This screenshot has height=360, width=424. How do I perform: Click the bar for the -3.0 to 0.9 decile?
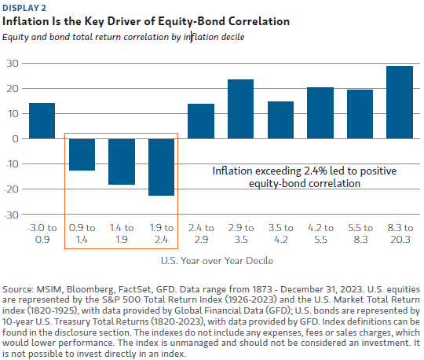42,121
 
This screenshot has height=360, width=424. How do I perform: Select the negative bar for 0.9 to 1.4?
82,155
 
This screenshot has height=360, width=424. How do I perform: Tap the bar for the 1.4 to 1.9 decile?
122,162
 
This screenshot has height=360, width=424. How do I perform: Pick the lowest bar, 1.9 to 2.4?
162,167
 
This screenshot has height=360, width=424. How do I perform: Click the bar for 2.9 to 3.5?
241,108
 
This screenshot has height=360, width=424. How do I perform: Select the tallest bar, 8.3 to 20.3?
400,102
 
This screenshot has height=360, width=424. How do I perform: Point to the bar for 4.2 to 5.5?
320,113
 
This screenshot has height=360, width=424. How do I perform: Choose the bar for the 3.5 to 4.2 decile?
280,120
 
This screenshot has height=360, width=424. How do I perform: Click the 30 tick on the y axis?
13,64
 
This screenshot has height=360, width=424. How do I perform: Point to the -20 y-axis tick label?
11,189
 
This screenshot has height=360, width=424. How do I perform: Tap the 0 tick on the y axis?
16,139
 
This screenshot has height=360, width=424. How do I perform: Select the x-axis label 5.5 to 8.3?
360,233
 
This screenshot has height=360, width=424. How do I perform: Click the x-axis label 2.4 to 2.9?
201,233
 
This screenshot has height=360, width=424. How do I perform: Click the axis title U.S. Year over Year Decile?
217,261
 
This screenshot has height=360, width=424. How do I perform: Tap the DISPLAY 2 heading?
24,8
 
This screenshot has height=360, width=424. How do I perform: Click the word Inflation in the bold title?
25,21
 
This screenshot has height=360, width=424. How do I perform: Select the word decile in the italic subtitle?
233,37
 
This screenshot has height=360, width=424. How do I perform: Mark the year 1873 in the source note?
262,289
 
